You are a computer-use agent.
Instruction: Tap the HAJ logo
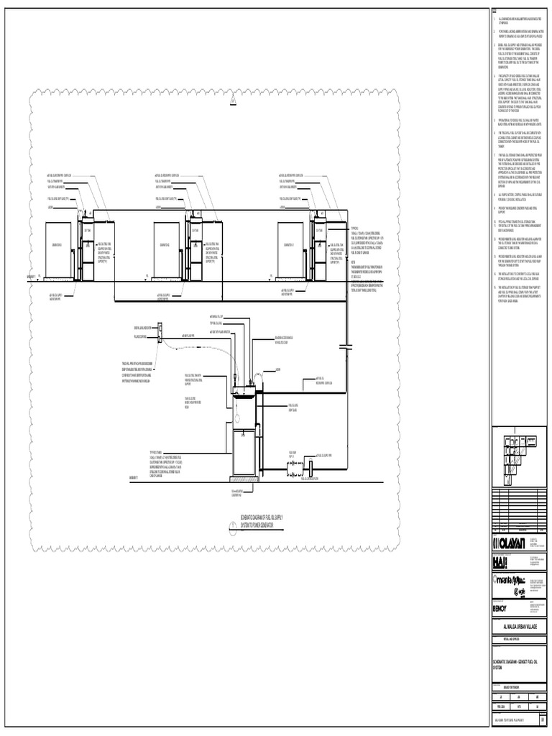point(502,560)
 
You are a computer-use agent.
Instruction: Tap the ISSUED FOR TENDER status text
point(519,683)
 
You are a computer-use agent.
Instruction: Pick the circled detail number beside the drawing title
point(233,527)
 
